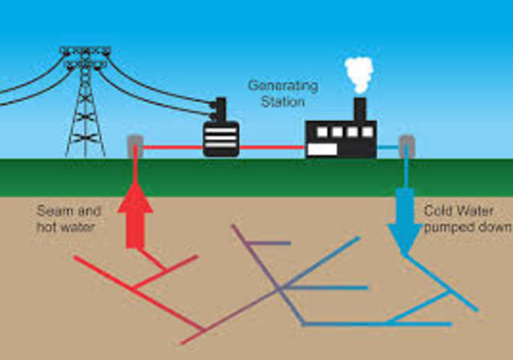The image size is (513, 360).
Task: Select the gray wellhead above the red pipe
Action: point(134,145)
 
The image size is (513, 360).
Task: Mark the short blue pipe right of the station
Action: point(388,148)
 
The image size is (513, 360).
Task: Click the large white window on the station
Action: point(321,149)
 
